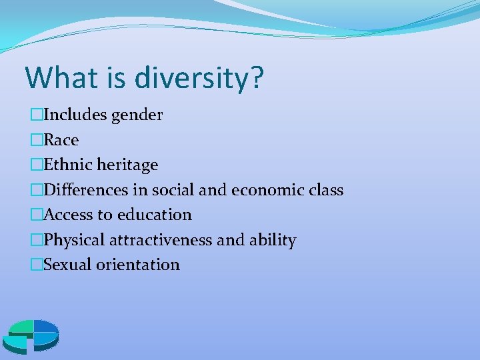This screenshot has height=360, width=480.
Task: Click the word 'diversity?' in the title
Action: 199,78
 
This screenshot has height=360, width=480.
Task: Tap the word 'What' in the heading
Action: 59,77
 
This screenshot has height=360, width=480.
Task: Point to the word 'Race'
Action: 61,140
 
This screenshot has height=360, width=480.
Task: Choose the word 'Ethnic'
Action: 69,165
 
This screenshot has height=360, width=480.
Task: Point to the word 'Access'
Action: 70,215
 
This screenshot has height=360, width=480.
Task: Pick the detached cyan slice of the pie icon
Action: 15,344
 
